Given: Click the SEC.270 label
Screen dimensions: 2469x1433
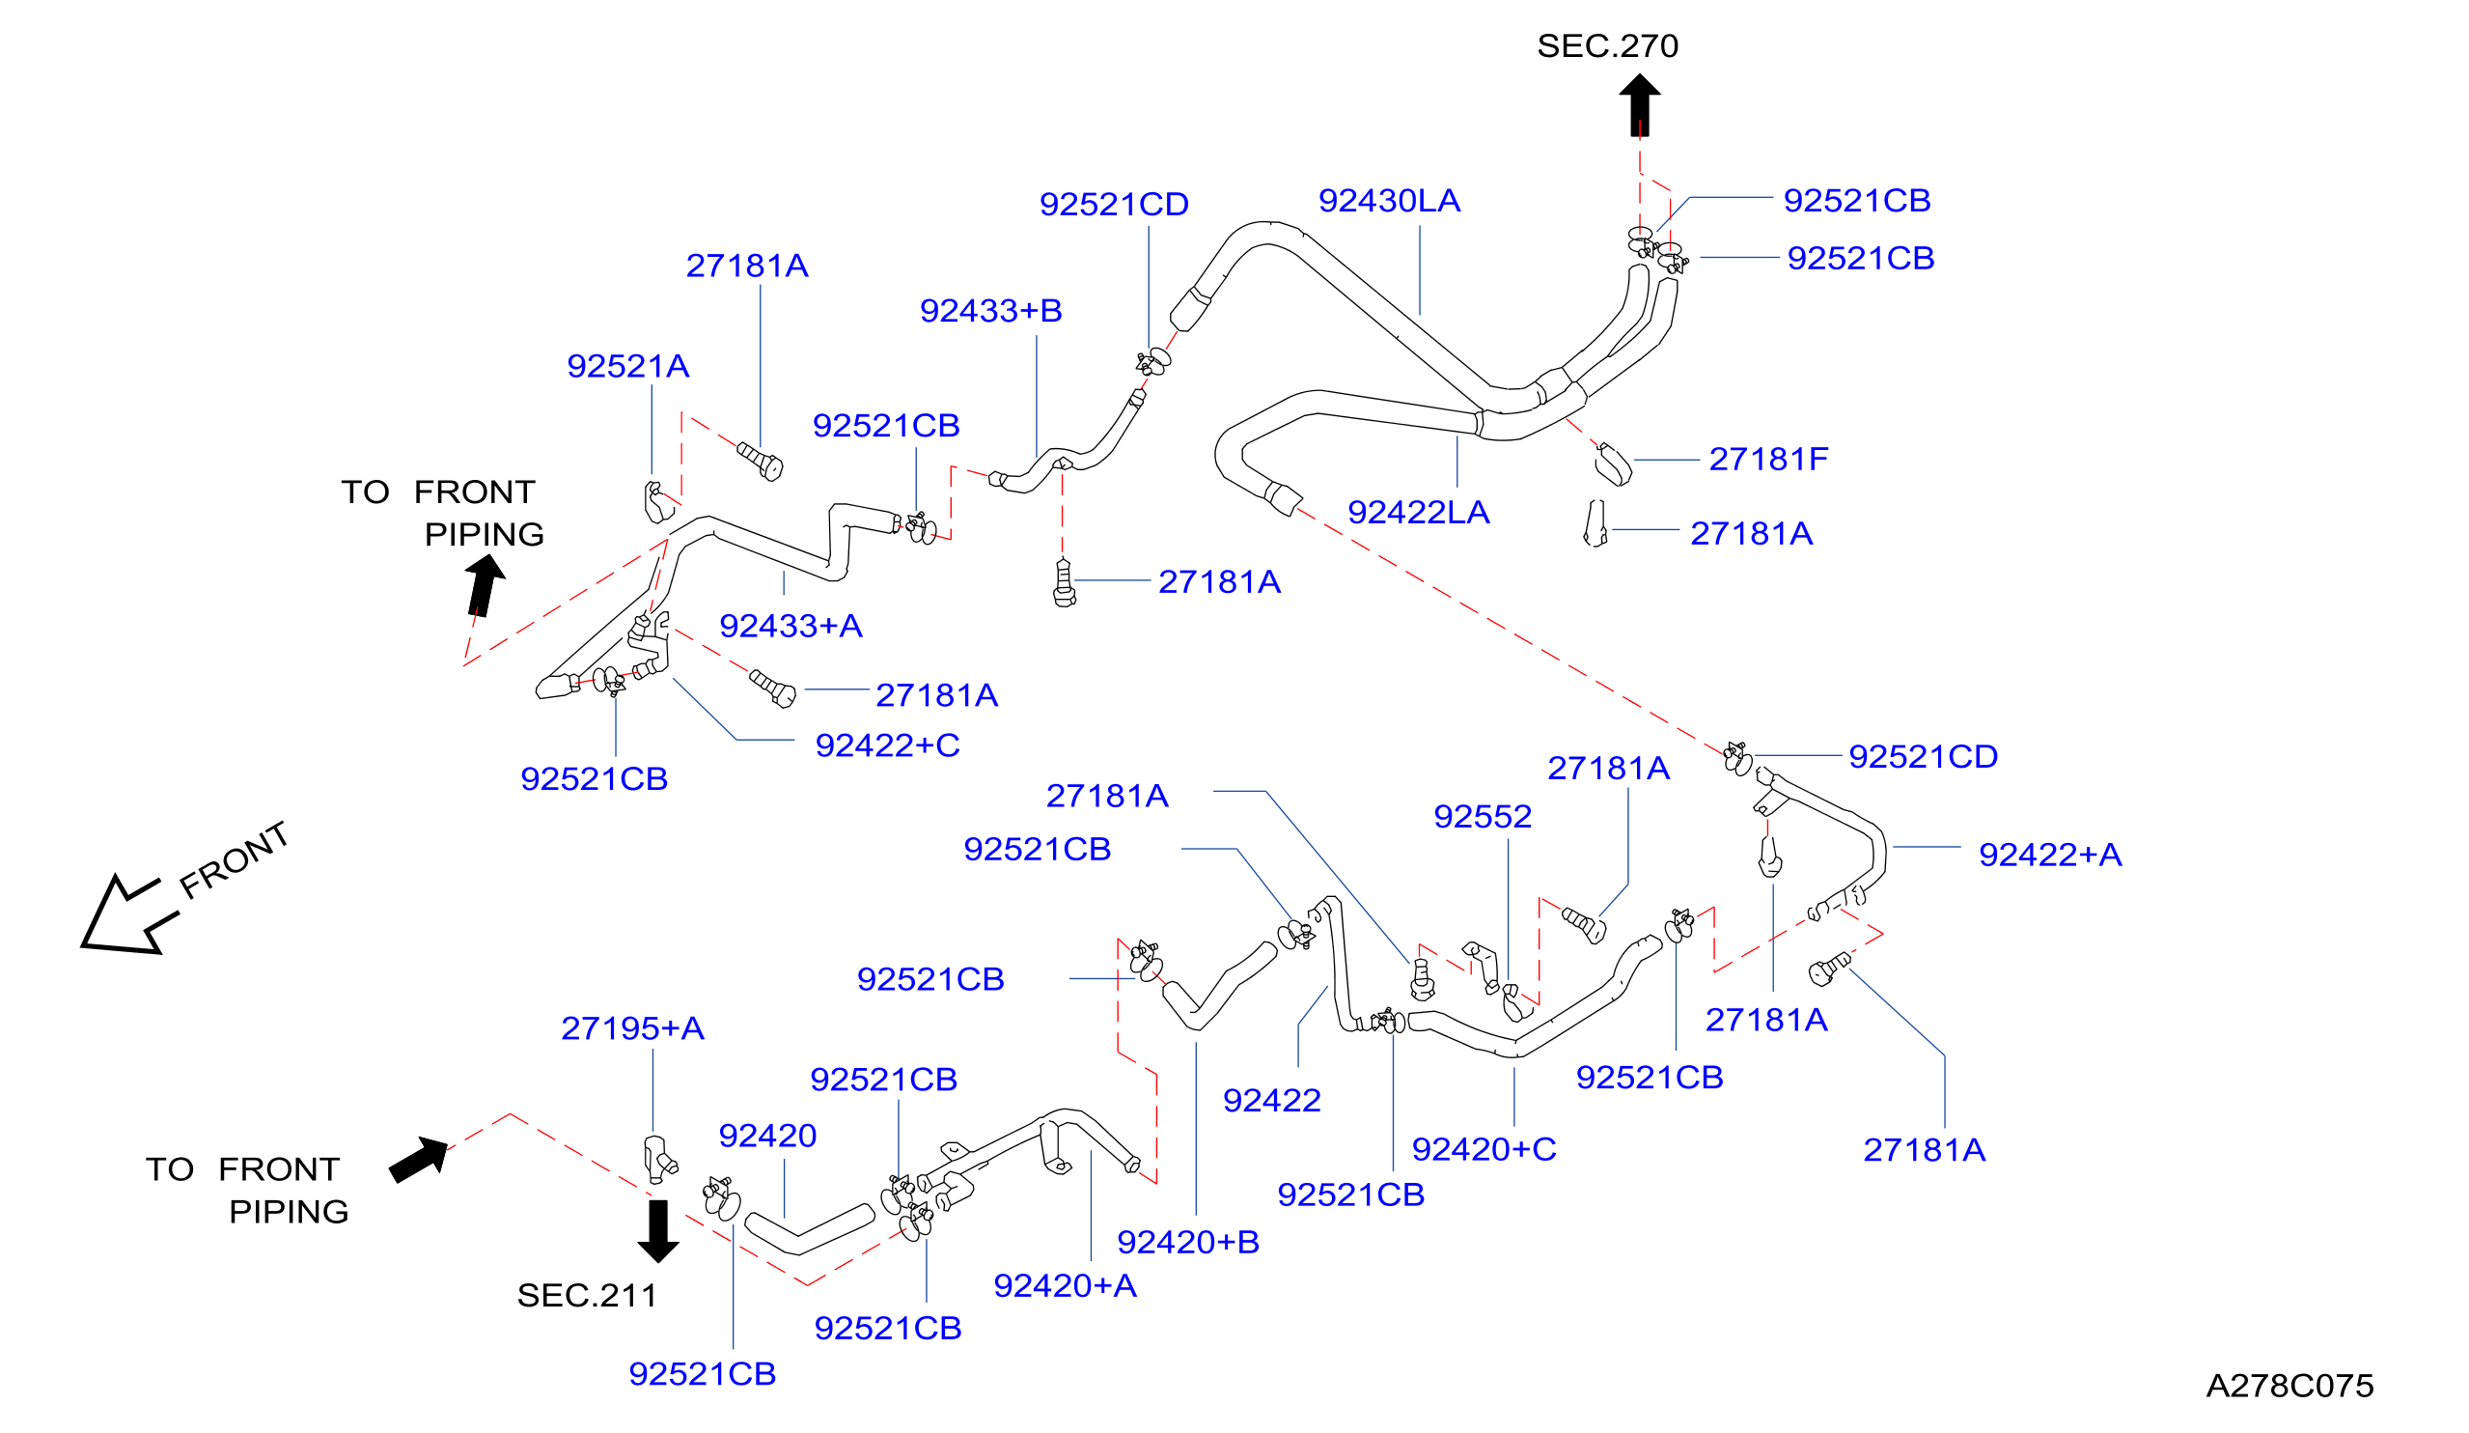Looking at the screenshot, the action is (x=1607, y=46).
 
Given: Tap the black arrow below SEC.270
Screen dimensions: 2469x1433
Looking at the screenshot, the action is (x=1639, y=106).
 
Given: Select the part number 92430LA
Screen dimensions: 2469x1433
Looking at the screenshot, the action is (x=1389, y=201).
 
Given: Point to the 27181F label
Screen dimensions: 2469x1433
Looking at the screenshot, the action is (x=1768, y=460).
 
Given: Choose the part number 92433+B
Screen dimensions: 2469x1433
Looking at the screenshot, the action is (x=990, y=311).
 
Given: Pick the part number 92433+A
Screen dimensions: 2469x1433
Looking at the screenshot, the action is (x=791, y=627).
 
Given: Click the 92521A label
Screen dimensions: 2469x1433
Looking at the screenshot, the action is (x=628, y=367).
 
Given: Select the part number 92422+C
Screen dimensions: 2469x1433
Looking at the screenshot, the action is (x=888, y=745).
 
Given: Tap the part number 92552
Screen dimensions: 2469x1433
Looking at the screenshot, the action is (x=1483, y=817).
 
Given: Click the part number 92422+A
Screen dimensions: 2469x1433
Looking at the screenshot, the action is (x=2051, y=855).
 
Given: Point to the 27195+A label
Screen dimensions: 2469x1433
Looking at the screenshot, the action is (x=633, y=1028).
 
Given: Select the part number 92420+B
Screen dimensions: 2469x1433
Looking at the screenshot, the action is (x=1188, y=1242).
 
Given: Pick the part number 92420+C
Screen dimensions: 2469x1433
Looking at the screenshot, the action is (x=1484, y=1149).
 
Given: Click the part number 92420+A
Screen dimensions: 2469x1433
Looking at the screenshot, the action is (x=1065, y=1285).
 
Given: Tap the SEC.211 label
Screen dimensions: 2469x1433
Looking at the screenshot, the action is (x=587, y=1296).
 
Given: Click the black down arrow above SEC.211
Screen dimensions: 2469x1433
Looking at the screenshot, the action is (x=658, y=1230).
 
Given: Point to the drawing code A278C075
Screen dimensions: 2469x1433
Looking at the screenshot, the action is (x=2289, y=1386).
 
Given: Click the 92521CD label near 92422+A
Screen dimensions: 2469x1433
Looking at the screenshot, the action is (x=1924, y=757).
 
